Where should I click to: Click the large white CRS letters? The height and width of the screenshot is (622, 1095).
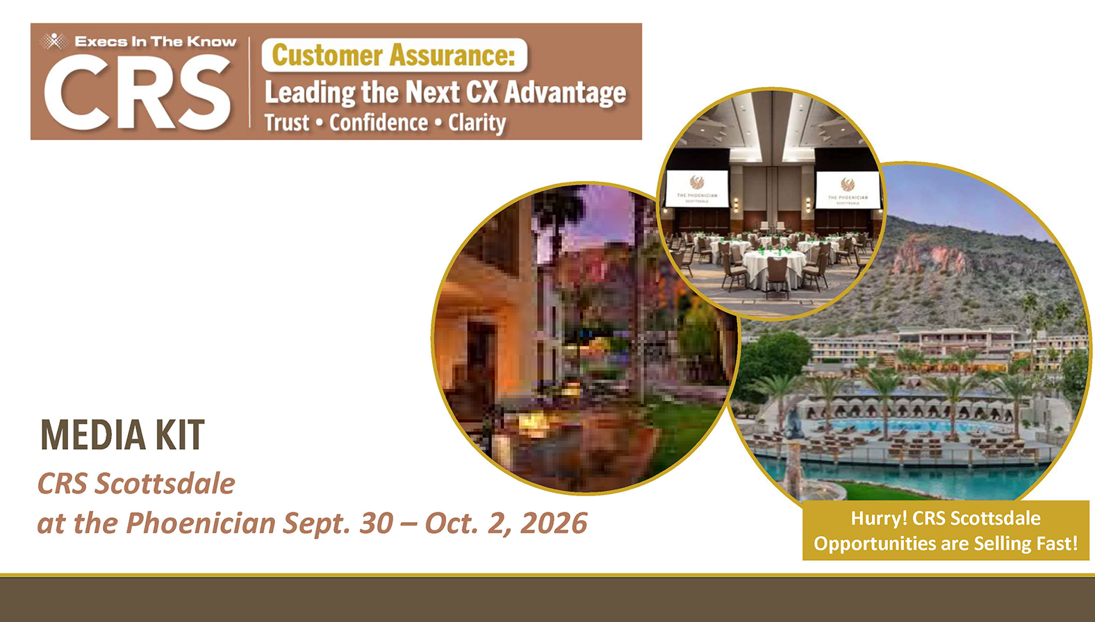pos(138,92)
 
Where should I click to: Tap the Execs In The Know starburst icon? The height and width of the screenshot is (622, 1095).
pos(54,42)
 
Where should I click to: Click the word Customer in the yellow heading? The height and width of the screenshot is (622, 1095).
pos(327,55)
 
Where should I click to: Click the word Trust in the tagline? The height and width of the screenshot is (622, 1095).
pos(287,123)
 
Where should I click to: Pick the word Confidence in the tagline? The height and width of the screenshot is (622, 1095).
pos(379,123)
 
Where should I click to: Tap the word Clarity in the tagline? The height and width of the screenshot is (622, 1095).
pos(477,123)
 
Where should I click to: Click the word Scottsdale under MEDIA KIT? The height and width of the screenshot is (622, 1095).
pos(165,484)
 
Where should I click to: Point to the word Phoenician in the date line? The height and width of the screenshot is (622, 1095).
pos(201,523)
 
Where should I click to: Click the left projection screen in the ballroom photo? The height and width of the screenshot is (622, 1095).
pos(697,188)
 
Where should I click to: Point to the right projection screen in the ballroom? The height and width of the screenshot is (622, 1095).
pos(848,190)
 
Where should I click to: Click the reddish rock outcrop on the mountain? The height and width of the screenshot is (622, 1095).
pos(929,256)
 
